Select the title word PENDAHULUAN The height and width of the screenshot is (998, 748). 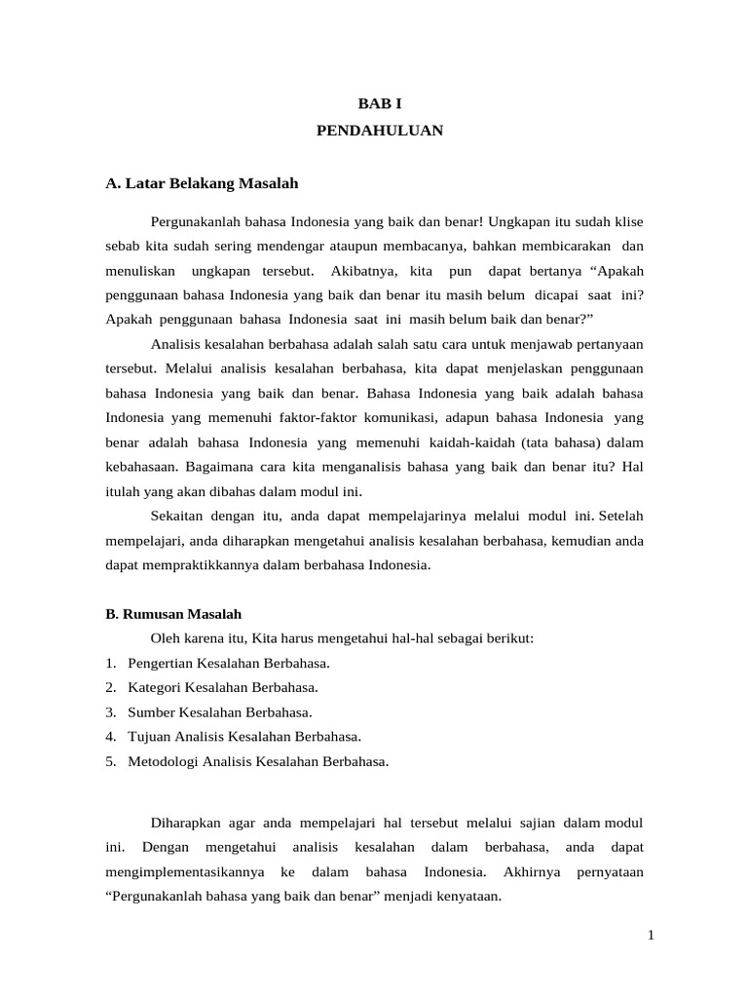click(380, 130)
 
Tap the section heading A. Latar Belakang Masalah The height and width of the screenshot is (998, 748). click(202, 183)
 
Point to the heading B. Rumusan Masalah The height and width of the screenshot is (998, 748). click(173, 614)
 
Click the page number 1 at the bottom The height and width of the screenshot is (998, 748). click(651, 937)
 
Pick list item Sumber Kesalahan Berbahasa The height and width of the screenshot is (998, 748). click(219, 711)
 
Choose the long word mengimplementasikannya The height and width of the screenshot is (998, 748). click(180, 871)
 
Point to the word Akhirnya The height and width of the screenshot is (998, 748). click(528, 871)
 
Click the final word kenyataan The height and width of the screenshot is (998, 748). click(466, 896)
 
